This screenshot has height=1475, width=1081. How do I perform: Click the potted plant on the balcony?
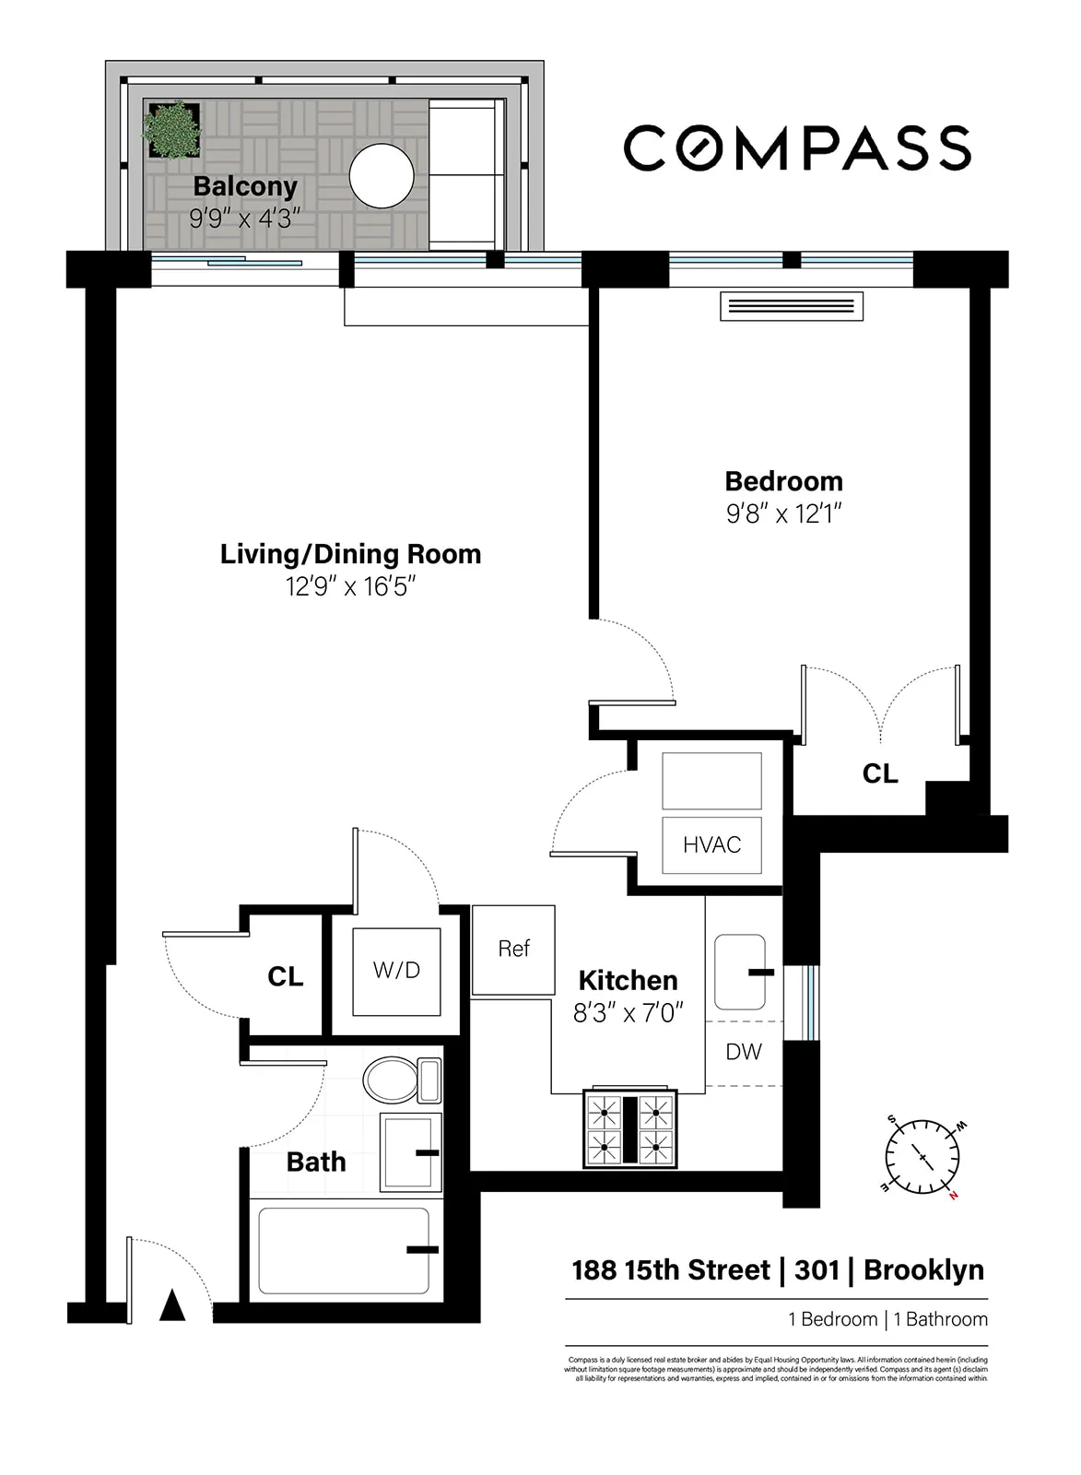coord(171,129)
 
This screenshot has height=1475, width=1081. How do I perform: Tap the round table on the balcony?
coord(382,175)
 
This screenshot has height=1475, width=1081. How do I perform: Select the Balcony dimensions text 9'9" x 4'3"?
coord(245,219)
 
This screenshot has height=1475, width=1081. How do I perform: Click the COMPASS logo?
coord(797,148)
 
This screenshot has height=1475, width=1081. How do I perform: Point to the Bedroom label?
coord(783,481)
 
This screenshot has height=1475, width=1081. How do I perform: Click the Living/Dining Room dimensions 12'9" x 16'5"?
coord(350,586)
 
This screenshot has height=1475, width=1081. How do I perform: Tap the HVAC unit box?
coord(711,844)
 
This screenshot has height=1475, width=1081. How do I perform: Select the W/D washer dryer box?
coord(396,971)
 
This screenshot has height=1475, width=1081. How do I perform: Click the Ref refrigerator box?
coord(513,950)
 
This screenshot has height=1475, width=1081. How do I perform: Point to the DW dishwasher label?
coord(744,1052)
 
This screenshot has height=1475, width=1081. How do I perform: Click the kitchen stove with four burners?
coord(630,1129)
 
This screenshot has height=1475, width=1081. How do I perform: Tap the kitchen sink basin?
coord(740,973)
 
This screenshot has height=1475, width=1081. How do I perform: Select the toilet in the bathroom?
coord(402,1080)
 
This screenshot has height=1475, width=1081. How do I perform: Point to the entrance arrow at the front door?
coord(172,1306)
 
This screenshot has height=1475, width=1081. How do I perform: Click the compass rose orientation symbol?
coord(922,1157)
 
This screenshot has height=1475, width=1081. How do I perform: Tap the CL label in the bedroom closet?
coord(879,773)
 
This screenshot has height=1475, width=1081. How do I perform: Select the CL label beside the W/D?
coord(285,976)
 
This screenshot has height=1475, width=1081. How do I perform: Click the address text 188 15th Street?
coord(670,1270)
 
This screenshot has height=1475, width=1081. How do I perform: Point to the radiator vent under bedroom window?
coord(792,307)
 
